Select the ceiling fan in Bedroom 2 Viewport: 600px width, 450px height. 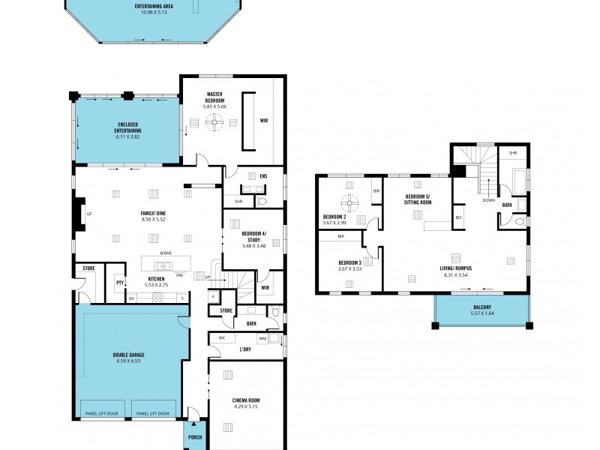(348, 202)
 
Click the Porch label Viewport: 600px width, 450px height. (195, 437)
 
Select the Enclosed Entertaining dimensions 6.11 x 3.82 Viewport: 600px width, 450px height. (128, 137)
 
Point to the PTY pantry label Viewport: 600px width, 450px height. (119, 283)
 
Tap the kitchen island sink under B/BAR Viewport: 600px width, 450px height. (163, 265)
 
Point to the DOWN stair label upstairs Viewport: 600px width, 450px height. (488, 200)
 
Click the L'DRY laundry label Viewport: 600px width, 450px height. (244, 349)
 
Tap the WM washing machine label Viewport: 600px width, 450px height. (263, 340)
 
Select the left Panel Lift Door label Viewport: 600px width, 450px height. (103, 413)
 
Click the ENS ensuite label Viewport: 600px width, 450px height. (263, 176)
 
